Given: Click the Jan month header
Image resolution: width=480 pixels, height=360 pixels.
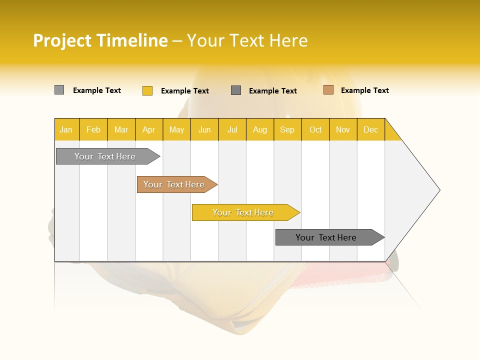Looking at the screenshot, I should click(66, 129).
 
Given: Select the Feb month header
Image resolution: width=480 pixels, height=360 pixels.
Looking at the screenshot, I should click(93, 129).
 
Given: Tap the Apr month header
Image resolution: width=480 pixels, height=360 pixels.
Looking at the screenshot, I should click(148, 129).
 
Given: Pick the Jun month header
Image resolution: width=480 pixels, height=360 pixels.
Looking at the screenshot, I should click(204, 129).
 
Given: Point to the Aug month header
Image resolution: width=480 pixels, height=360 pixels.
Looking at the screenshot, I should click(259, 129).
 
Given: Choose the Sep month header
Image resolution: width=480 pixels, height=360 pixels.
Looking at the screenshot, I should click(287, 129).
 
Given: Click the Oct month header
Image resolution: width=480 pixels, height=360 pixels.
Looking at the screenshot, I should click(315, 129).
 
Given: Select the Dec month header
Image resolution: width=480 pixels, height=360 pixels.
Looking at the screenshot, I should click(370, 129).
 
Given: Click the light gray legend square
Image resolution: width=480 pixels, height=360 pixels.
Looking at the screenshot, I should click(59, 90).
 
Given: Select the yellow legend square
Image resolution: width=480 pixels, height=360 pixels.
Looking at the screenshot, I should click(147, 90).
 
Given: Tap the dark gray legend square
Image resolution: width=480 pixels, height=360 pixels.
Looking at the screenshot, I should click(236, 90).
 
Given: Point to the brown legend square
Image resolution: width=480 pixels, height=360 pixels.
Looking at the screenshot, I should click(328, 90).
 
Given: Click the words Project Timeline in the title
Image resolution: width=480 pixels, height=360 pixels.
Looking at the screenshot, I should click(100, 40).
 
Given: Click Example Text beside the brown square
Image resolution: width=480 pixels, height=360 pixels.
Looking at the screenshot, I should click(364, 90).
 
